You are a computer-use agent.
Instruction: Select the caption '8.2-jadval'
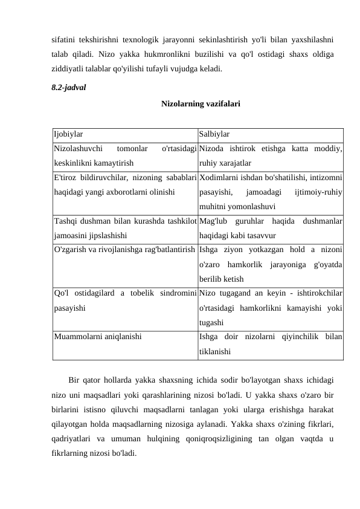68,87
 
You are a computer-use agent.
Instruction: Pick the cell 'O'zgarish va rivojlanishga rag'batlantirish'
124,250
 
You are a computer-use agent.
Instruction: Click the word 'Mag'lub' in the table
213,221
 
